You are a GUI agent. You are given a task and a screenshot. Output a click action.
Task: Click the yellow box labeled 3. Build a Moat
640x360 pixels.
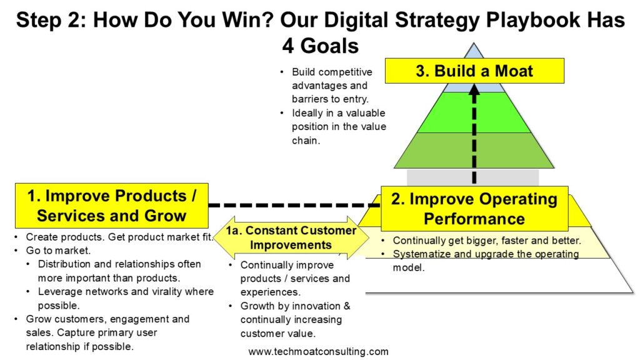(x=474, y=71)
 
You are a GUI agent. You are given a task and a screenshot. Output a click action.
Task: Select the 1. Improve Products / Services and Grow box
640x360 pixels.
(x=111, y=206)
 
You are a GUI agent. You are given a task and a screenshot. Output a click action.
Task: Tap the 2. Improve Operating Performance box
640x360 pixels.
(x=474, y=209)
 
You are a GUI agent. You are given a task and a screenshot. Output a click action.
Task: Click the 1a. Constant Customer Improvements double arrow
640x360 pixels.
(x=291, y=237)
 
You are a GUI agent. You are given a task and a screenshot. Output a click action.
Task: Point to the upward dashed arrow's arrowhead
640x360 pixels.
(x=474, y=89)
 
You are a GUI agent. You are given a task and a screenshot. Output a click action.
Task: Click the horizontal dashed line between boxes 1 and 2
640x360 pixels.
(x=294, y=205)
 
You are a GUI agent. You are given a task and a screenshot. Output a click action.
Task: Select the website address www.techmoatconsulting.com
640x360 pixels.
(x=318, y=351)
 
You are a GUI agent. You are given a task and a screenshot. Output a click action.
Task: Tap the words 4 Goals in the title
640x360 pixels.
(x=321, y=46)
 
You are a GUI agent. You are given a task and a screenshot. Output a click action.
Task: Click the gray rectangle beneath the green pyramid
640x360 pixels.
(x=472, y=177)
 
